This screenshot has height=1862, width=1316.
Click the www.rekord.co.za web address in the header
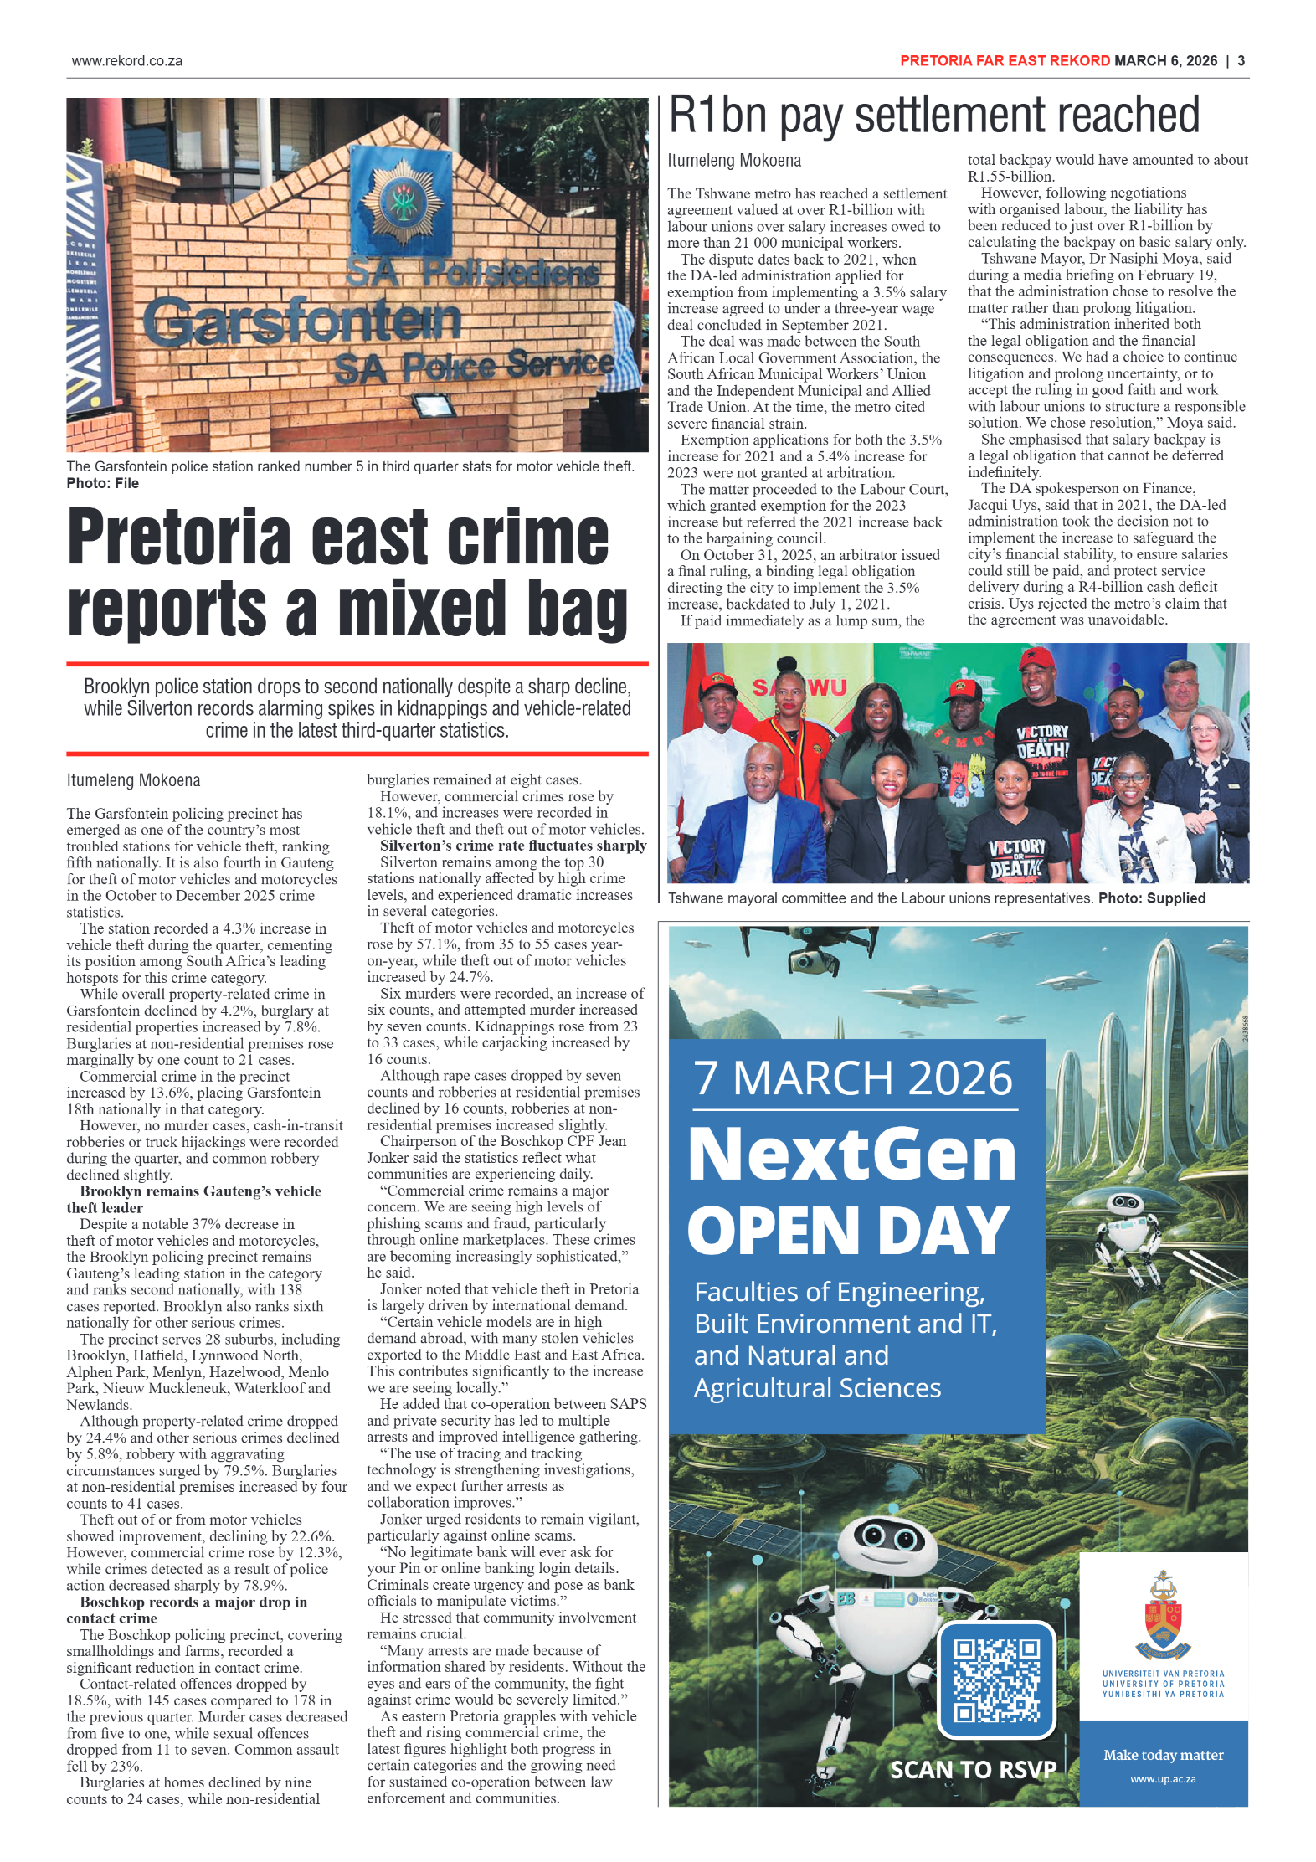point(126,61)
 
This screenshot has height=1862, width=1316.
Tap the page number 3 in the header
point(1241,61)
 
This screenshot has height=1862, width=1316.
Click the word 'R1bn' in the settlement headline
point(717,115)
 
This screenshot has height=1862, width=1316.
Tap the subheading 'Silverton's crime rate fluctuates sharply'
point(512,846)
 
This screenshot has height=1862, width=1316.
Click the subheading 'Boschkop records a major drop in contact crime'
point(193,1609)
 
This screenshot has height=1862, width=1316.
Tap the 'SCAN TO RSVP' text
point(972,1770)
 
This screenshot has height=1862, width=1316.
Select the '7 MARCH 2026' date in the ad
point(853,1078)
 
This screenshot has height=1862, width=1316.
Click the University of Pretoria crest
point(1163,1615)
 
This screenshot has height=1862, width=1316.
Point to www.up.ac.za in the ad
point(1163,1779)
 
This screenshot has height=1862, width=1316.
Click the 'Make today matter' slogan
point(1163,1755)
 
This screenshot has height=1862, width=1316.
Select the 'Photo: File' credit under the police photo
point(103,483)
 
